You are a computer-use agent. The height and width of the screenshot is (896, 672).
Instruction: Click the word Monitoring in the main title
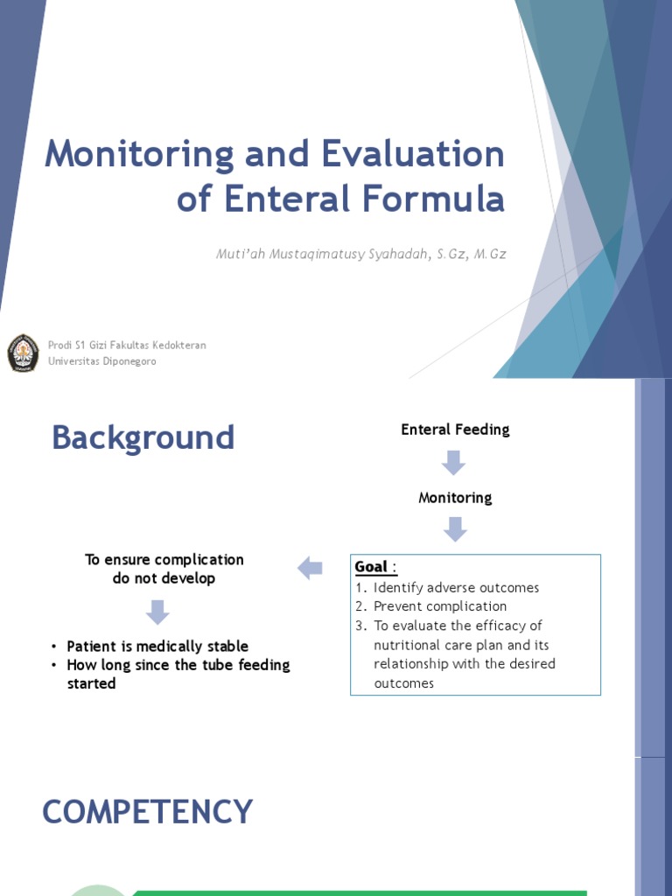138,156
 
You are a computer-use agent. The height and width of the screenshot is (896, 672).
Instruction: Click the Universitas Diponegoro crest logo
23,353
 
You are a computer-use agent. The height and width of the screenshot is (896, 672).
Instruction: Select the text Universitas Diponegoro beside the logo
102,360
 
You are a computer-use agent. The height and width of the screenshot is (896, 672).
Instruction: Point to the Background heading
143,437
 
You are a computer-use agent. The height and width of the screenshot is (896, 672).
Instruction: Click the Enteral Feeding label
455,430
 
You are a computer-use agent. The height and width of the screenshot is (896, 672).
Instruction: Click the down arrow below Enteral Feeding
453,463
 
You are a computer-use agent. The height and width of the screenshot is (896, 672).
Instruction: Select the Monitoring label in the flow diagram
455,498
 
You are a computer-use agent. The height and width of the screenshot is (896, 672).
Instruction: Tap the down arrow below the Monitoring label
455,529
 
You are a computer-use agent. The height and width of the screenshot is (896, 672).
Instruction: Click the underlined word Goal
371,567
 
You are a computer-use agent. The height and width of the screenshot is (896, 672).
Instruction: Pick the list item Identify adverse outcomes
456,587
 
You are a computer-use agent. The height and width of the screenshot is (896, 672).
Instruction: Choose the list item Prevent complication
440,606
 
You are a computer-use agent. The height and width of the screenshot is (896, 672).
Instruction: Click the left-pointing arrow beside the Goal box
311,569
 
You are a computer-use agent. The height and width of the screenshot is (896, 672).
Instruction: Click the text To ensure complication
164,559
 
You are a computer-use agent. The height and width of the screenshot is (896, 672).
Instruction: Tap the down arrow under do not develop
157,612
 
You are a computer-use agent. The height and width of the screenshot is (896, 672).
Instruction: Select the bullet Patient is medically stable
157,647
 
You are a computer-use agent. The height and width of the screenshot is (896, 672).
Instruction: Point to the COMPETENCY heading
148,812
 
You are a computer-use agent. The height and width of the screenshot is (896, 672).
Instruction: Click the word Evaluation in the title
413,156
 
